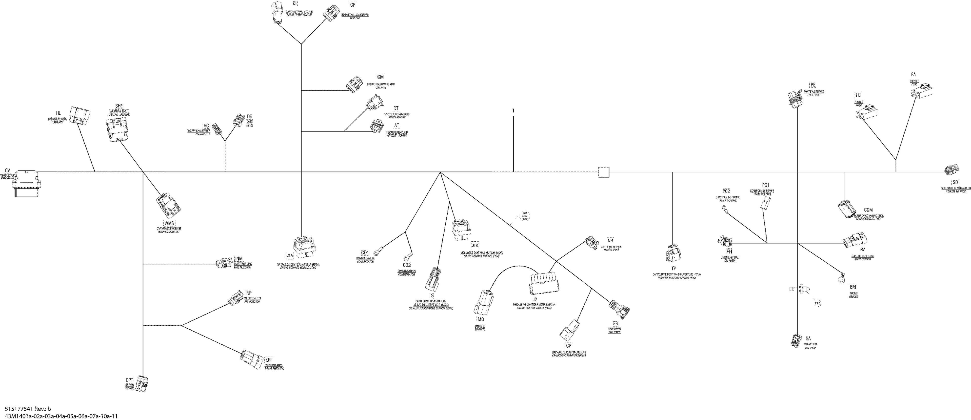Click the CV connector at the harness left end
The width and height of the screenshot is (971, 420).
coord(26,183)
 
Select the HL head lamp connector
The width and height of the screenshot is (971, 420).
coord(80,115)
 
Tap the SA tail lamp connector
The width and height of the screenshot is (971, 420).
coord(796,340)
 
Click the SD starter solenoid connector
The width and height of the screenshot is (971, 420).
coord(952,170)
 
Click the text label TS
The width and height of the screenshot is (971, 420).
coord(431,295)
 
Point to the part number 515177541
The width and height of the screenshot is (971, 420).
coord(19,409)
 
